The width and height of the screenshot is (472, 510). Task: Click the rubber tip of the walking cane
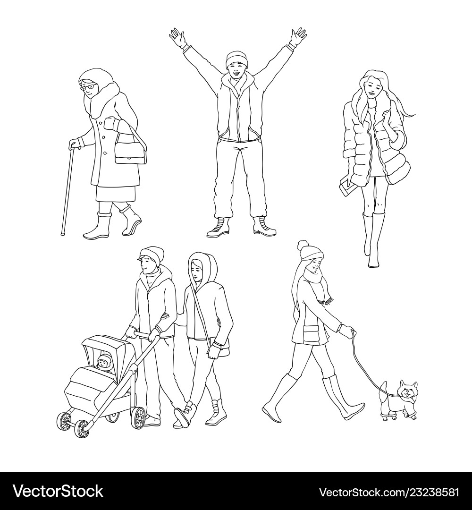63,233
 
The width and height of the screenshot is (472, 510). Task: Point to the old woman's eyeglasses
87,87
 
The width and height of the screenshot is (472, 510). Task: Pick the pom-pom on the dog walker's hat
303,245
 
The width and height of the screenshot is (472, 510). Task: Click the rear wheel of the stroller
138,418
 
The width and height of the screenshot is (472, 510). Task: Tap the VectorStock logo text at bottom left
58,492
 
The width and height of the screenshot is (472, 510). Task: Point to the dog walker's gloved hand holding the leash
347,331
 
